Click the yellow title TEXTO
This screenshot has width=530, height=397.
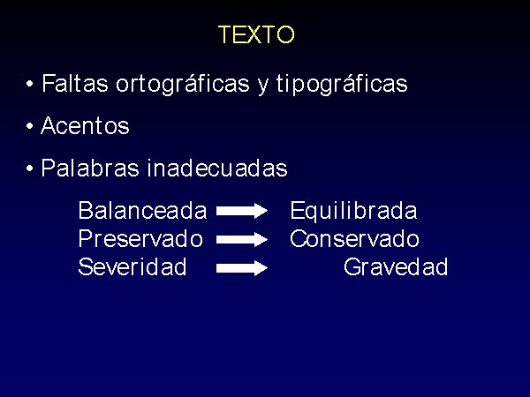pyautogui.click(x=256, y=34)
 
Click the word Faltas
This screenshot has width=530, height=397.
pyautogui.click(x=75, y=83)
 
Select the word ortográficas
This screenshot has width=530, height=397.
pyautogui.click(x=183, y=84)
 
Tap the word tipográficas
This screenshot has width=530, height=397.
pyautogui.click(x=342, y=84)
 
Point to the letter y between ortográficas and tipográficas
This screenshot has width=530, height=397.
pyautogui.click(x=263, y=86)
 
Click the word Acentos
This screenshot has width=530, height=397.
pyautogui.click(x=85, y=125)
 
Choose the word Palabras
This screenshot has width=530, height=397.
pyautogui.click(x=90, y=168)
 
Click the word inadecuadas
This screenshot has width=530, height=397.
pyautogui.click(x=217, y=168)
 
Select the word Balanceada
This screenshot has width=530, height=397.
pyautogui.click(x=142, y=210)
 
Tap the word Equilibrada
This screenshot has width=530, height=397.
pyautogui.click(x=353, y=212)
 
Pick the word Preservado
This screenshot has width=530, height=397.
pyautogui.click(x=140, y=239)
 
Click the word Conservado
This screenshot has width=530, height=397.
pyautogui.click(x=354, y=239)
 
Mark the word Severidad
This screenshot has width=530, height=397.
pyautogui.click(x=132, y=266)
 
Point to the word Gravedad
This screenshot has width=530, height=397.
pyautogui.click(x=396, y=266)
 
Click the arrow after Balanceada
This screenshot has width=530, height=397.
pyautogui.click(x=242, y=211)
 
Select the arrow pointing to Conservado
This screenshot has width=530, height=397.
pyautogui.click(x=242, y=239)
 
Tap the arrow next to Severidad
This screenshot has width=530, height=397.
pyautogui.click(x=242, y=268)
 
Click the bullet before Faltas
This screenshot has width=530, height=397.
pyautogui.click(x=30, y=84)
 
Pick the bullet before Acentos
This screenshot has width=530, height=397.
pyautogui.click(x=30, y=126)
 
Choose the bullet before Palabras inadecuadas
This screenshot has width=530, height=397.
pyautogui.click(x=30, y=169)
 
